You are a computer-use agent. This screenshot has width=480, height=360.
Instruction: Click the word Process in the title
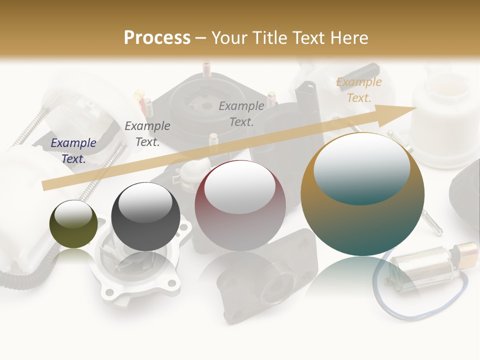click(157, 37)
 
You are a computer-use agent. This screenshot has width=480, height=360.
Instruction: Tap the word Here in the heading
click(348, 37)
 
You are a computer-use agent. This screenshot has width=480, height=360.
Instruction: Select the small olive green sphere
click(73, 224)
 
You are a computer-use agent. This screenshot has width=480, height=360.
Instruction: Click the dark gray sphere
click(145, 216)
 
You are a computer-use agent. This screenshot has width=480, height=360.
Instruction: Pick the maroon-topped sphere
click(240, 205)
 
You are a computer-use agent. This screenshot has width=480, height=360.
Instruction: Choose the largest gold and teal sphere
click(362, 194)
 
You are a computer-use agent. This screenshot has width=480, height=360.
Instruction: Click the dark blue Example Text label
click(73, 150)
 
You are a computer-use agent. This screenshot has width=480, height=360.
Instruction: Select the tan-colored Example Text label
click(359, 89)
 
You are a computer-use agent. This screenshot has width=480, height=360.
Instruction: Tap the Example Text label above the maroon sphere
click(241, 113)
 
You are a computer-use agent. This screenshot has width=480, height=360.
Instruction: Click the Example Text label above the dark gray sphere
click(147, 133)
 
